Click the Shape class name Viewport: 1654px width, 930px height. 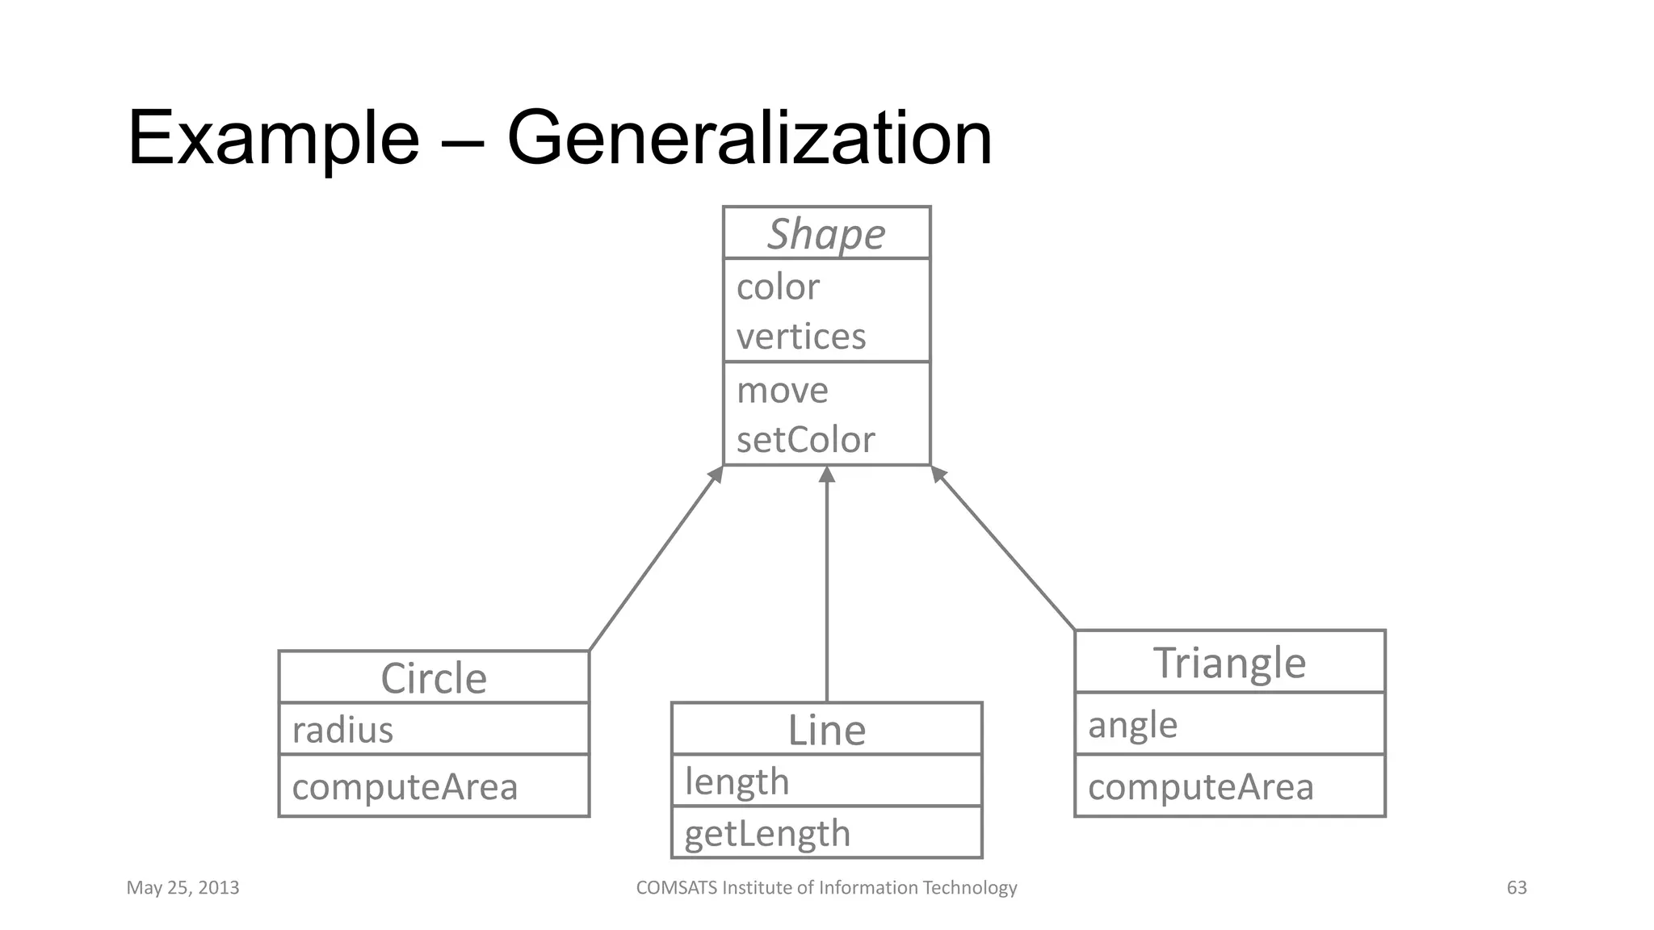pyautogui.click(x=826, y=234)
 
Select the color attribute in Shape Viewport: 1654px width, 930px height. pyautogui.click(x=778, y=287)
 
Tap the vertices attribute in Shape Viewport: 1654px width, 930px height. pyautogui.click(x=800, y=337)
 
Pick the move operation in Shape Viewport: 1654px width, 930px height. pyautogui.click(x=782, y=391)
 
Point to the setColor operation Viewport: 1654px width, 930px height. pyautogui.click(x=805, y=440)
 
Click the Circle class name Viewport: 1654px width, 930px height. pyautogui.click(x=434, y=678)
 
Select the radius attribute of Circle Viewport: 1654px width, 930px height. pyautogui.click(x=342, y=730)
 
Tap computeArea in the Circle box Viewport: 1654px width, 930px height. pyautogui.click(x=405, y=787)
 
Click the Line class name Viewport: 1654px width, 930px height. pyautogui.click(x=826, y=730)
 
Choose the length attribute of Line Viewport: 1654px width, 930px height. pyautogui.click(x=737, y=781)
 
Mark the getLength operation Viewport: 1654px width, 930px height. pyautogui.click(x=767, y=833)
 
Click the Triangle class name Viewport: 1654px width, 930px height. pyautogui.click(x=1229, y=663)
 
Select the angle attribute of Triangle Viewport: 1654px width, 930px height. pyautogui.click(x=1132, y=725)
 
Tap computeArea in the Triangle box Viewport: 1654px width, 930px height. pyautogui.click(x=1201, y=787)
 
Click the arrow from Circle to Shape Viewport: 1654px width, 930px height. pyautogui.click(x=656, y=559)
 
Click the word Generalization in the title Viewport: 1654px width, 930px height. pyautogui.click(x=749, y=138)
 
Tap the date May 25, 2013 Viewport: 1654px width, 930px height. pyautogui.click(x=183, y=888)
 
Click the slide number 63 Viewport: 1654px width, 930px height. pyautogui.click(x=1517, y=888)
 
